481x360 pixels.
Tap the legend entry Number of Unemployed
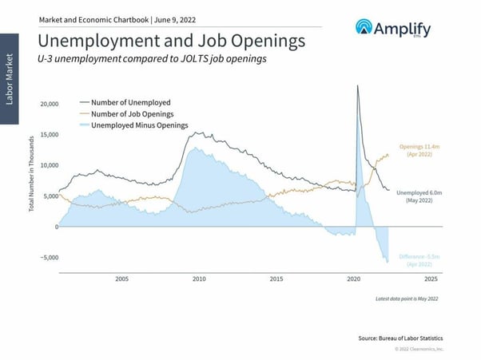[131, 102]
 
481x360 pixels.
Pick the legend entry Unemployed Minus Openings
[140, 125]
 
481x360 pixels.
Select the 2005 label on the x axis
[121, 279]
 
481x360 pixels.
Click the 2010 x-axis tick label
[199, 279]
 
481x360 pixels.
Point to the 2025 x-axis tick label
[430, 279]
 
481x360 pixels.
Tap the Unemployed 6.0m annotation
[418, 197]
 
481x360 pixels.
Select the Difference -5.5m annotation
[419, 259]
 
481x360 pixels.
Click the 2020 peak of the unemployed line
[356, 85]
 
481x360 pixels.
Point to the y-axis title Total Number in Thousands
[31, 173]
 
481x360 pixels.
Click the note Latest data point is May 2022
[407, 299]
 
